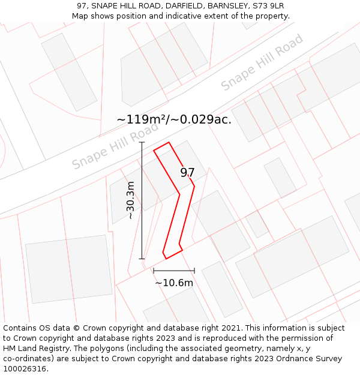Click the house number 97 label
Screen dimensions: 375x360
click(x=187, y=173)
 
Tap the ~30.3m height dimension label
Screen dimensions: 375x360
click(x=130, y=200)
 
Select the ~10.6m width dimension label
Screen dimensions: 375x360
click(x=174, y=283)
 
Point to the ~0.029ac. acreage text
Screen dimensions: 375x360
click(x=202, y=119)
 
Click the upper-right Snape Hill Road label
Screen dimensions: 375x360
click(x=262, y=62)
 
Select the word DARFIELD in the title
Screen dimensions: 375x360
click(x=186, y=6)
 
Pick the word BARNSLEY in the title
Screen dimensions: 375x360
click(x=230, y=6)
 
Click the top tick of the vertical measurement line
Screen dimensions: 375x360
click(x=142, y=142)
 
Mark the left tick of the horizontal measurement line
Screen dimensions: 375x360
click(x=154, y=271)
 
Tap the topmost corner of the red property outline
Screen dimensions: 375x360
click(x=169, y=142)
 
